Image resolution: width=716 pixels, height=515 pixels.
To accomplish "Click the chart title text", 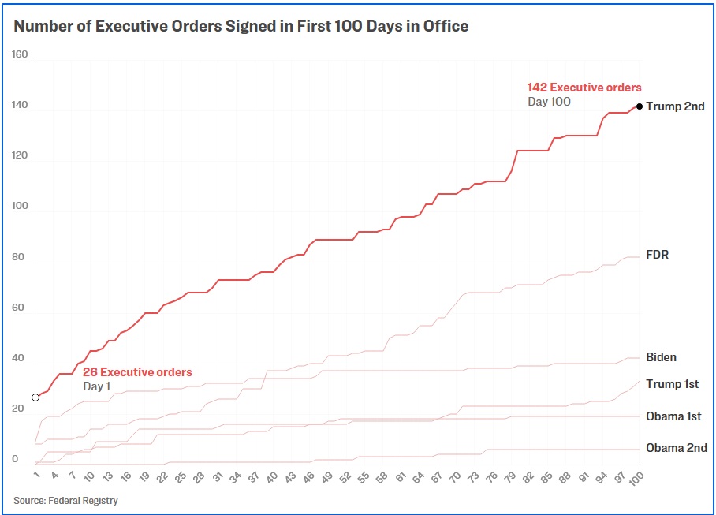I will coord(241,26).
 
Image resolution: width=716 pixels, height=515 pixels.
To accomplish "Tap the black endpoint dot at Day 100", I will coord(640,106).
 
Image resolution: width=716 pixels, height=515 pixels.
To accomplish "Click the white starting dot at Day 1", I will coord(35,397).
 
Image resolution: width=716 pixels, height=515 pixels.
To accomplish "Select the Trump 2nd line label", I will coord(675,106).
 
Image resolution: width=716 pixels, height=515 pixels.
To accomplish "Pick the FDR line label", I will coord(657,256).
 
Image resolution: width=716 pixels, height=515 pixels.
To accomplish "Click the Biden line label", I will coord(661,357).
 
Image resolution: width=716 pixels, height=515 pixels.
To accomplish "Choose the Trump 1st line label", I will coord(672,384).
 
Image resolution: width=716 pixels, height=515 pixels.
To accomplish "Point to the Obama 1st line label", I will coord(673,416).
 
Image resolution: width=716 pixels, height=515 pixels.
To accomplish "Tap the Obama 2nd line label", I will coord(676,448).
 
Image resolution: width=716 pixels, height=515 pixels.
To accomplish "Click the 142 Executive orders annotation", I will coord(584,88).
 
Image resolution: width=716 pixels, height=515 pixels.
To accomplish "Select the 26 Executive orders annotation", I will coord(137,372).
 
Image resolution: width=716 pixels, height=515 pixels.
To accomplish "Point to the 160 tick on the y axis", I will coord(20,54).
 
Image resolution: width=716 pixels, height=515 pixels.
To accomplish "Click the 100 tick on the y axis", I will coord(20,207).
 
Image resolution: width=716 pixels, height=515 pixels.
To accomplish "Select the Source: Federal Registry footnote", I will coord(65,500).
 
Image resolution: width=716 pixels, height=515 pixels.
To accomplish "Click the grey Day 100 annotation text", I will coord(549,102).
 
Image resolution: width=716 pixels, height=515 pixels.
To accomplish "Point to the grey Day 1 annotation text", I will coord(97,386).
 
